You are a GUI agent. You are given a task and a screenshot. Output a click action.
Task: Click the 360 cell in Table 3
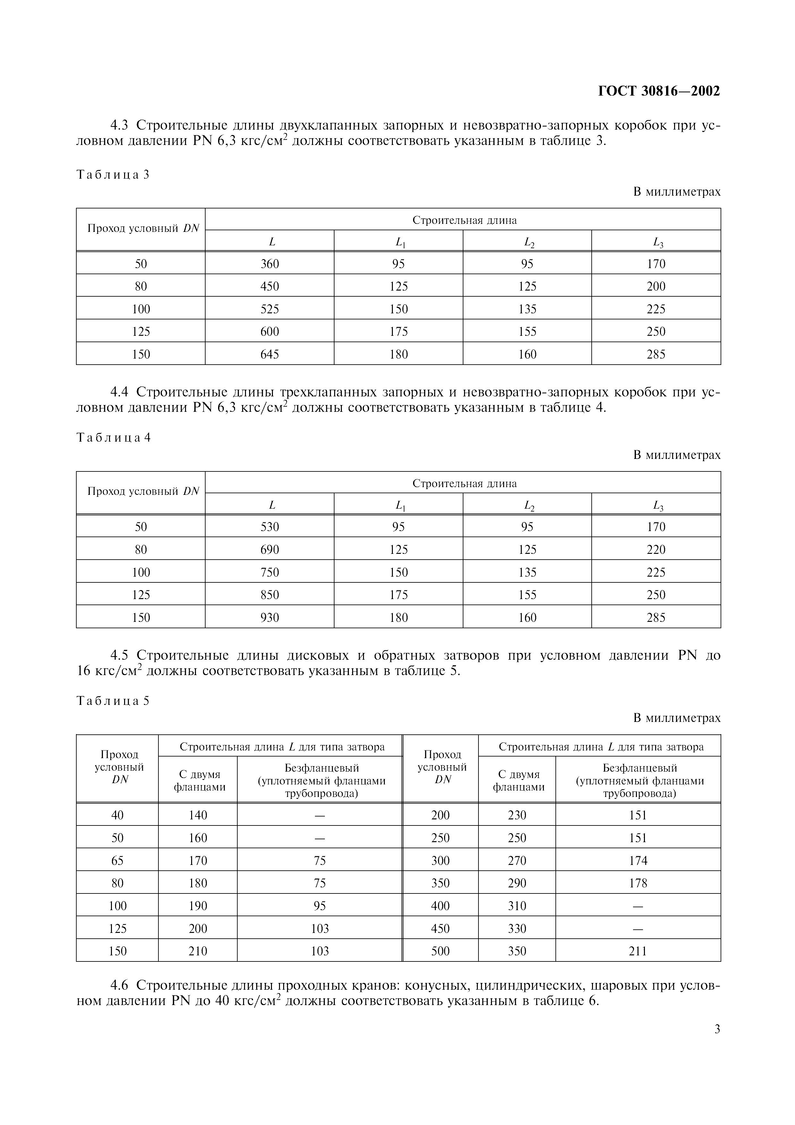(x=269, y=264)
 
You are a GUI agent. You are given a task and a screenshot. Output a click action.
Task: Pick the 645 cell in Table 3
(x=269, y=354)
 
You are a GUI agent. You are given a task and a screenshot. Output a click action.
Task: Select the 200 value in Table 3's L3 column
(x=656, y=287)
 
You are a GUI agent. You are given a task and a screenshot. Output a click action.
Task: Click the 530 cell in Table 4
(x=269, y=527)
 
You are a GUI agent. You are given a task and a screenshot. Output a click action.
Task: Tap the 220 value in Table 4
(x=656, y=550)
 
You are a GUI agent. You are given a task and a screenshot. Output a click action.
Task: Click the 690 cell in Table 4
(x=269, y=550)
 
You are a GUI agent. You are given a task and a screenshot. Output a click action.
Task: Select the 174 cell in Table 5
(x=638, y=861)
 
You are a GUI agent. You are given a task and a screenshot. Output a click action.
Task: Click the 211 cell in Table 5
(x=638, y=951)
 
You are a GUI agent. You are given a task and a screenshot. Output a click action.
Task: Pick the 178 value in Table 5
(x=638, y=884)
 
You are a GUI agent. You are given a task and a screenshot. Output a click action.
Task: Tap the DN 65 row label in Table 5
(x=118, y=861)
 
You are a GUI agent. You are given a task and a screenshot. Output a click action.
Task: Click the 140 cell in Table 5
(x=198, y=815)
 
